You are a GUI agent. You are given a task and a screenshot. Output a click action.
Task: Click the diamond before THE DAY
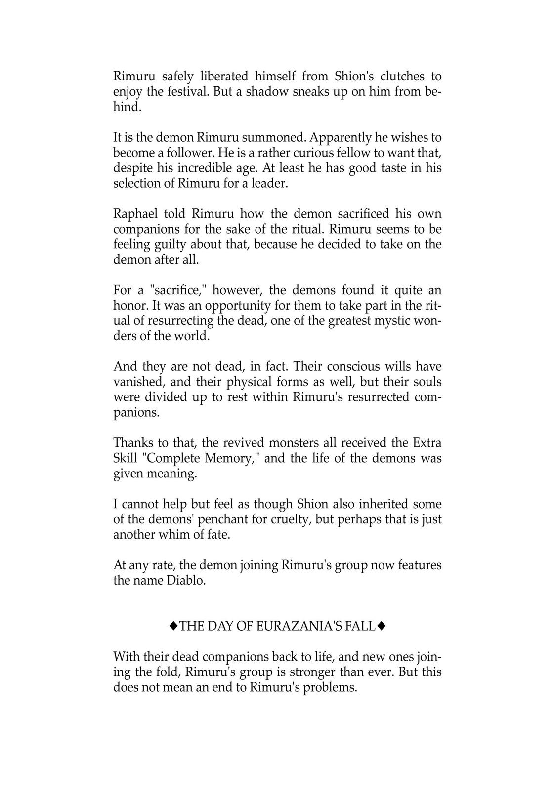173,626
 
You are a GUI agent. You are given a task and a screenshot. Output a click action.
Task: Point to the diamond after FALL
381,626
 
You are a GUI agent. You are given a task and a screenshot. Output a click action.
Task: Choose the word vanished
136,382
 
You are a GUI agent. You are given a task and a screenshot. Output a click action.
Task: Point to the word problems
330,687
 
